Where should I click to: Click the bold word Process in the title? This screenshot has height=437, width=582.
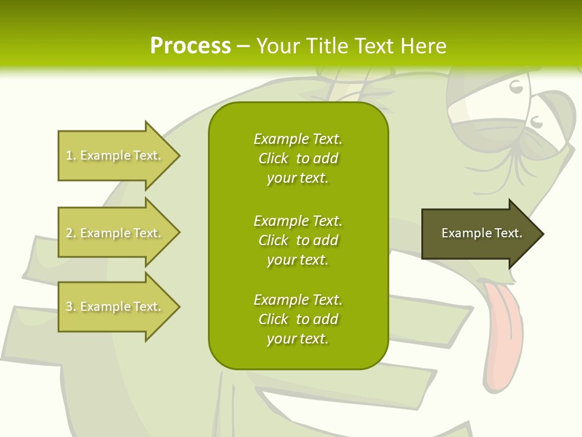[190, 46]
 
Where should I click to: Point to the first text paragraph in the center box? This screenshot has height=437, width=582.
[298, 158]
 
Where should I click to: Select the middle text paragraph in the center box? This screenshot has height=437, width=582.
[298, 240]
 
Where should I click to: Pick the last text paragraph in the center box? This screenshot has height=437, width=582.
[298, 319]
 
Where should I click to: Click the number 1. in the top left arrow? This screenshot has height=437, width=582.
[71, 155]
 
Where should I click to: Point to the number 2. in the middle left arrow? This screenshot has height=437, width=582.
[71, 233]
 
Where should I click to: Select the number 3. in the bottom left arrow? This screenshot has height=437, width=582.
[71, 307]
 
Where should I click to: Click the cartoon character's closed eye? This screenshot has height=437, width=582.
[516, 88]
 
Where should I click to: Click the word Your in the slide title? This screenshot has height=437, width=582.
[276, 46]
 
